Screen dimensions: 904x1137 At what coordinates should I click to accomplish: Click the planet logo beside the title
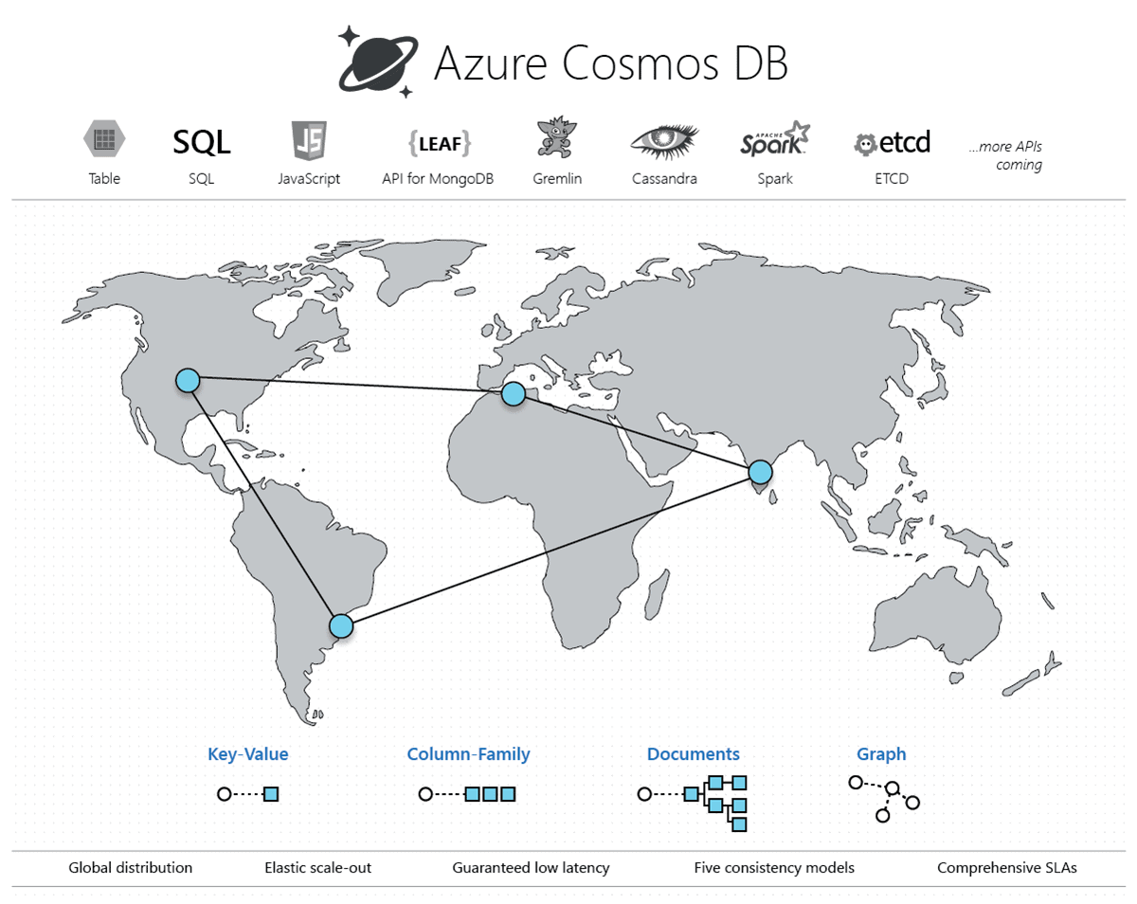[377, 63]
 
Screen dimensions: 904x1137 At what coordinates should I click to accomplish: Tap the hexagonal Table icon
[104, 140]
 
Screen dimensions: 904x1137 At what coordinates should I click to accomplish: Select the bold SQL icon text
[201, 142]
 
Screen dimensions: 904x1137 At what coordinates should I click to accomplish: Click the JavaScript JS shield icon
[309, 141]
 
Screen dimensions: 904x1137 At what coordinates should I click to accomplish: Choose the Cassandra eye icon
[664, 141]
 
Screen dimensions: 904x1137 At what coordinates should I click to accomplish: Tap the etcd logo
[892, 142]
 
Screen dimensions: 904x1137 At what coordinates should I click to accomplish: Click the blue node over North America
[188, 380]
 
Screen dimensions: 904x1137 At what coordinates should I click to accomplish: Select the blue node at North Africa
[513, 393]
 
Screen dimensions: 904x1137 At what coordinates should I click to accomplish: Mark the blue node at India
[760, 471]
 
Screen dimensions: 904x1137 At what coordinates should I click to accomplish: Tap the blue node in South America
[341, 625]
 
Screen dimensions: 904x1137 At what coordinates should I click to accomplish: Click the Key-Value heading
[248, 754]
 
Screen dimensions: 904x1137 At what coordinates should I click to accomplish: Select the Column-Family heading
[468, 754]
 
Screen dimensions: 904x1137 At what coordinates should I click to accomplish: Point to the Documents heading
[694, 754]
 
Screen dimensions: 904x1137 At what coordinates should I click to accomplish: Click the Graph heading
[881, 754]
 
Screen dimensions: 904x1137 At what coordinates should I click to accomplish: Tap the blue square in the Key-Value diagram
[271, 794]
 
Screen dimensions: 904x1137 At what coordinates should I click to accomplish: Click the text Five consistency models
[774, 867]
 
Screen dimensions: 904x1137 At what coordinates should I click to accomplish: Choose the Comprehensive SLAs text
[1006, 867]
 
